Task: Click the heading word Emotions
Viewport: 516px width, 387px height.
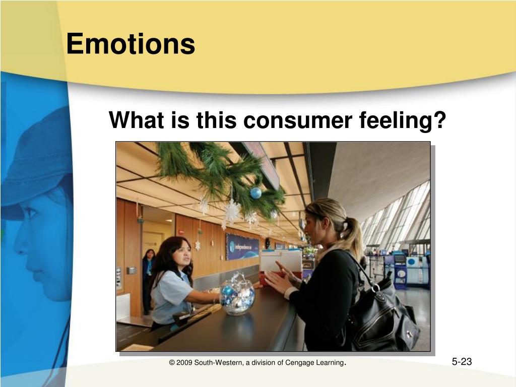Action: click(131, 43)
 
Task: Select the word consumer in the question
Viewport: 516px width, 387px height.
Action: click(297, 120)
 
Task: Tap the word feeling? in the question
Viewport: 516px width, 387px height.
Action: click(403, 120)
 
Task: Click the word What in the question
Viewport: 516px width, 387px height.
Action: click(136, 120)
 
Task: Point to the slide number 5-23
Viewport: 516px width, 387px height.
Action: click(462, 362)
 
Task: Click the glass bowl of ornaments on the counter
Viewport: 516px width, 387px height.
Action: click(237, 294)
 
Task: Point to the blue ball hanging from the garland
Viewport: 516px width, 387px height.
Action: click(255, 193)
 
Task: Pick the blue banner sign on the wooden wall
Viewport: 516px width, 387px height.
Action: click(242, 247)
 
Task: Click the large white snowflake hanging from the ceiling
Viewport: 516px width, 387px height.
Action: click(232, 211)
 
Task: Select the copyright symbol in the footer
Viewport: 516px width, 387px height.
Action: click(172, 363)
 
